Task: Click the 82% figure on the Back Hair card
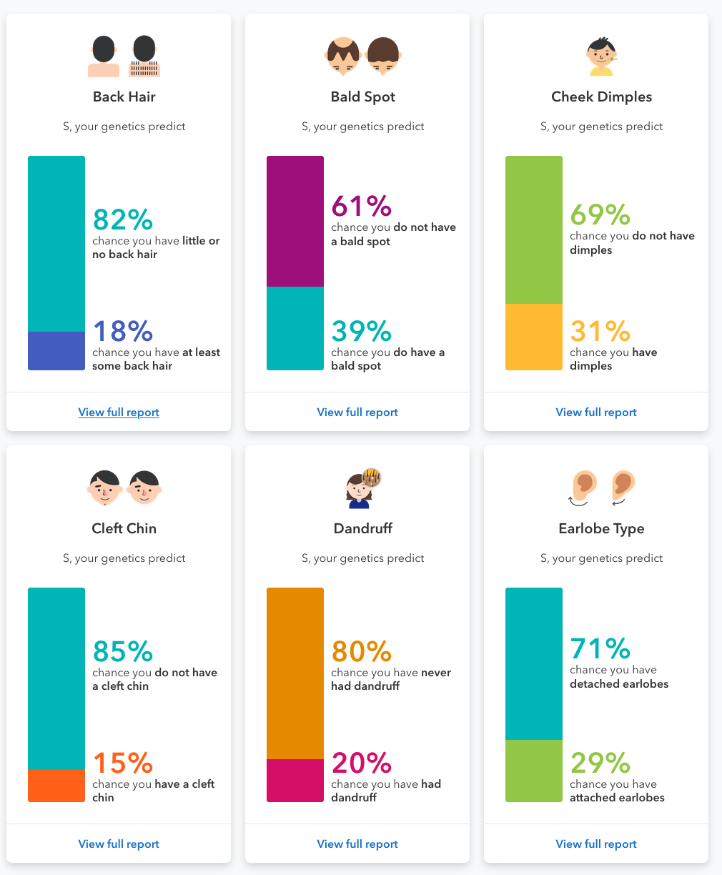coord(123,219)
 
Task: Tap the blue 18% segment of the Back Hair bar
coord(56,351)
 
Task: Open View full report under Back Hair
coord(119,412)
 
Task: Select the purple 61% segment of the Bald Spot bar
coord(295,222)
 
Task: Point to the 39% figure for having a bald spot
coord(361,331)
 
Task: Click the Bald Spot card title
coord(363,97)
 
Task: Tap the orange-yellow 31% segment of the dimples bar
coord(534,337)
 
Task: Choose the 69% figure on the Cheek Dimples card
coord(600,214)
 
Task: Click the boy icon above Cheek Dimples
coord(601,56)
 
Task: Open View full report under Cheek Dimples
coord(596,412)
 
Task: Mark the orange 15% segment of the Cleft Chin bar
coord(56,786)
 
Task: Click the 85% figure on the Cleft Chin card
coord(123,651)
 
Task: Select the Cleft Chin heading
coord(124,528)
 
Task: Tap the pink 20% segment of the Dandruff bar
coord(295,781)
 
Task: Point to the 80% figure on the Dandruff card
coord(361,651)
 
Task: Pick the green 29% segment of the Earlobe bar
coord(534,771)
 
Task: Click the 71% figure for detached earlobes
coord(600,648)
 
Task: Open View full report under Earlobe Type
coord(596,844)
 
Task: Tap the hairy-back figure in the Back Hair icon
coord(144,56)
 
